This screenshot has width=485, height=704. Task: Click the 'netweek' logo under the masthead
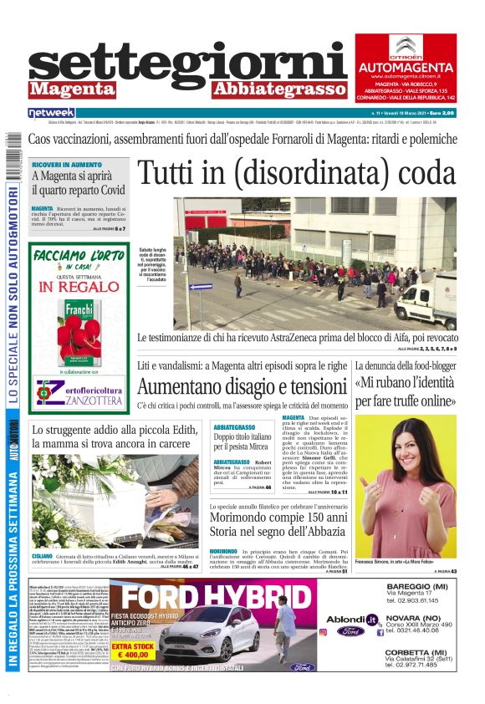click(52, 112)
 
